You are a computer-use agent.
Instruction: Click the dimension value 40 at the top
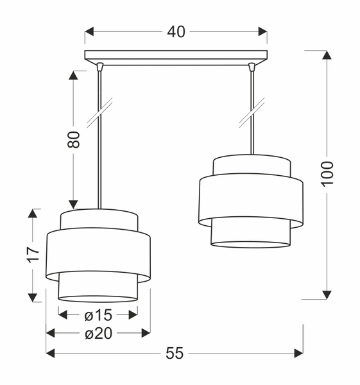[176, 31]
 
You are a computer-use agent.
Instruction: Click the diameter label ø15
[98, 314]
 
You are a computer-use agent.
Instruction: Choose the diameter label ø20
[98, 333]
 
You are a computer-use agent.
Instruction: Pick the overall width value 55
[175, 353]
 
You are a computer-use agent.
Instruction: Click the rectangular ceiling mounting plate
[176, 56]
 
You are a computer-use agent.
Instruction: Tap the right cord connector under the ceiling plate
[251, 65]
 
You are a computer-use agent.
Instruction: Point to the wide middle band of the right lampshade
[250, 200]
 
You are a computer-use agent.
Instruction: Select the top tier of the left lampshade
[99, 219]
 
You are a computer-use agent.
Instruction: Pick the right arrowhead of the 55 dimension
[298, 353]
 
